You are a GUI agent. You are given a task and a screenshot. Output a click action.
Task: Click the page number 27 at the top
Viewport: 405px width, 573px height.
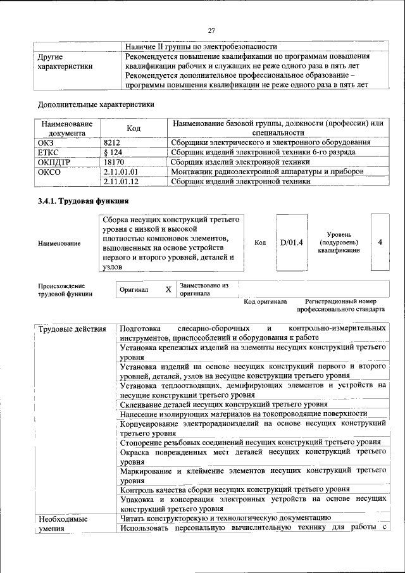(212, 30)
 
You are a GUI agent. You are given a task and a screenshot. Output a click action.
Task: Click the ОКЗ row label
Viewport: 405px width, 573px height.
(47, 142)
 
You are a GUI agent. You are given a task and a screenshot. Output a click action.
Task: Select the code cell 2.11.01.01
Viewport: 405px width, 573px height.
(120, 172)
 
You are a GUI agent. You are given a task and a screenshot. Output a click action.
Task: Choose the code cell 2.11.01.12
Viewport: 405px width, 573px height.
(120, 182)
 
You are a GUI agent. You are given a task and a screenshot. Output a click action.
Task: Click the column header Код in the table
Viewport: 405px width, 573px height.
(134, 128)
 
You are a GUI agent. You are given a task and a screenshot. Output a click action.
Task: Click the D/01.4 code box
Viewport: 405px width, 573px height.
(292, 242)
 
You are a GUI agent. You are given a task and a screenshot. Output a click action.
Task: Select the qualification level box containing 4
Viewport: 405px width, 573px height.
(380, 242)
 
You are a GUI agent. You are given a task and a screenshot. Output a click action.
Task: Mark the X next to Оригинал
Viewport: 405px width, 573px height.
(168, 289)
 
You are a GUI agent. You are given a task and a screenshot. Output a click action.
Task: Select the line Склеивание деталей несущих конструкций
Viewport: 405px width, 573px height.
(223, 404)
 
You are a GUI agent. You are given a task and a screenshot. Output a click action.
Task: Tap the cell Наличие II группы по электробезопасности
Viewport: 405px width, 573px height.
(201, 46)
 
